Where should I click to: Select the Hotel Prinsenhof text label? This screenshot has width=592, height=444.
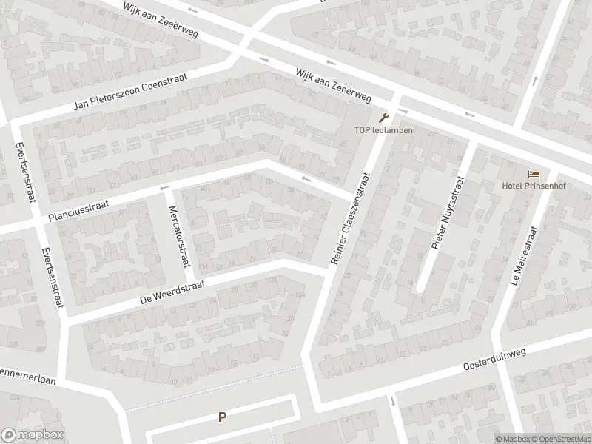tap(533, 186)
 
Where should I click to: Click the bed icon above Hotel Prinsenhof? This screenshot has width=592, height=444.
tap(534, 174)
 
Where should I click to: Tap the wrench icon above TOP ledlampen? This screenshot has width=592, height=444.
tap(383, 118)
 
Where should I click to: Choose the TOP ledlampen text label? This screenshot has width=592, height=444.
tap(382, 131)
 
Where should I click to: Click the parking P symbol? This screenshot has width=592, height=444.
tap(221, 417)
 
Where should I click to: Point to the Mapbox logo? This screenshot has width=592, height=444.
tap(33, 435)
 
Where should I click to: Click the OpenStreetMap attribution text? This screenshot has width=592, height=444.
tap(561, 439)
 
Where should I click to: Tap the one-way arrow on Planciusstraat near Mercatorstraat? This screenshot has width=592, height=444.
tap(164, 188)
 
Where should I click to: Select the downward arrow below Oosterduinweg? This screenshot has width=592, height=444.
tap(392, 401)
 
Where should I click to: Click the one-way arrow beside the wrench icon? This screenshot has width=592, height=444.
tap(403, 112)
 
